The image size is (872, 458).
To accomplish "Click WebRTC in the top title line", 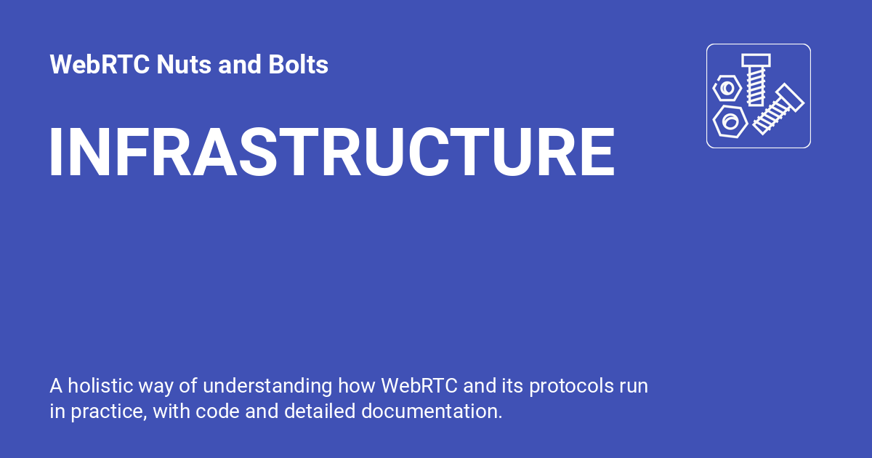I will [x=100, y=65].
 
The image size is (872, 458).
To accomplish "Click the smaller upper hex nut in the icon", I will [x=727, y=88].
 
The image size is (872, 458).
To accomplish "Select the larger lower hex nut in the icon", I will [x=730, y=120].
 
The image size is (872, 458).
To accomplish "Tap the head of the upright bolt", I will [x=756, y=60].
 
